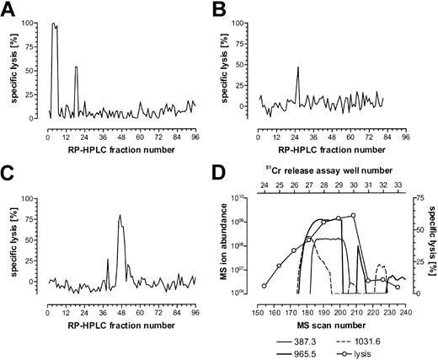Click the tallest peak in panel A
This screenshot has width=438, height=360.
coord(54,24)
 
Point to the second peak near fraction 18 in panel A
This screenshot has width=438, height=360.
coord(77,67)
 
